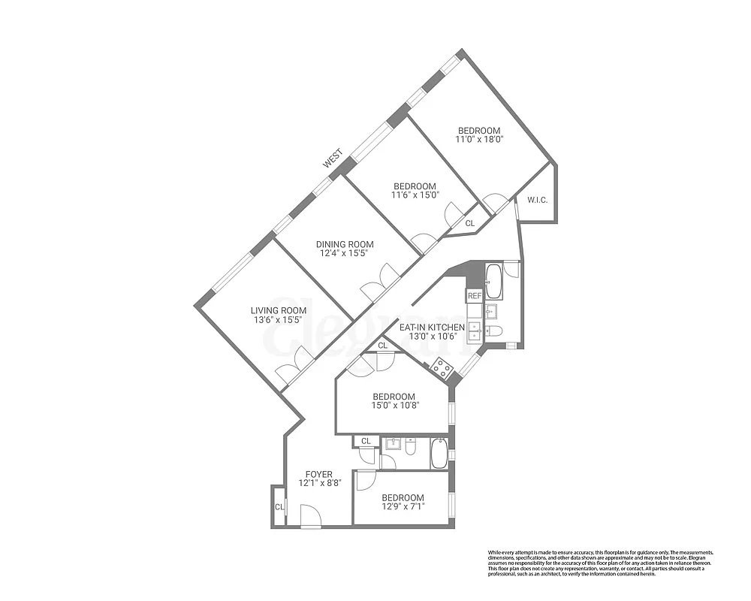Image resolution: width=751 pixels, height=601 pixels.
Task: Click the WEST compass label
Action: (333, 158)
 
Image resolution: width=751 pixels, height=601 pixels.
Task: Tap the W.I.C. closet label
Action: (536, 200)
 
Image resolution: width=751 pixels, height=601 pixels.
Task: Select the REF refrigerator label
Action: (475, 296)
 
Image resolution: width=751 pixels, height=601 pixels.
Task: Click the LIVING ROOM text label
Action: (279, 310)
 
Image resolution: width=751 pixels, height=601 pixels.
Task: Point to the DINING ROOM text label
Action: (344, 244)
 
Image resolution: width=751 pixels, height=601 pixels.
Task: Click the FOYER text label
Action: (318, 474)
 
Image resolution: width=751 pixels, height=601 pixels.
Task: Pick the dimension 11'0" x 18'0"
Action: (479, 139)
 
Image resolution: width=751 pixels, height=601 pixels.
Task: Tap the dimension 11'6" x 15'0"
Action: (415, 195)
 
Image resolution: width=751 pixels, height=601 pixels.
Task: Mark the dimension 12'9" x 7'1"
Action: (403, 506)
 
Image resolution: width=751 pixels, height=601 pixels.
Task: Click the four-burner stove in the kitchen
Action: (443, 367)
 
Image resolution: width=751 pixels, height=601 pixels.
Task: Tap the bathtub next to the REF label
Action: (496, 281)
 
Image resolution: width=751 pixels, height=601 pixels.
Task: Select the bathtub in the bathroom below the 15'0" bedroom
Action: (439, 454)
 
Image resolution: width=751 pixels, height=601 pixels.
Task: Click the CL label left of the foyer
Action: (279, 506)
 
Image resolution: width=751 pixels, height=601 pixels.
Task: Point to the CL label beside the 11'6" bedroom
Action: (470, 223)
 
